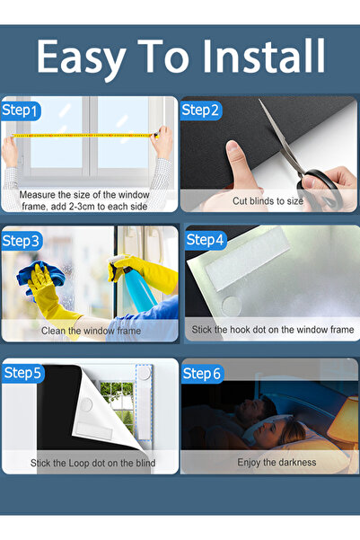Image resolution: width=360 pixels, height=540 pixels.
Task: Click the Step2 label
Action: tap(200, 110)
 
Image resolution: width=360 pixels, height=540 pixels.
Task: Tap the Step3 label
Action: tap(22, 241)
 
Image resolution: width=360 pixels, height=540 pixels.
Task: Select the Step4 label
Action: tap(206, 240)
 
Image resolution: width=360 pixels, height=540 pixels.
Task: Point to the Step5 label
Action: tap(22, 372)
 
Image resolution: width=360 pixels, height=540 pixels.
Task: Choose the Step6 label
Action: tap(201, 372)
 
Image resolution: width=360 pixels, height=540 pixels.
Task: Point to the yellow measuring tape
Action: tap(85, 136)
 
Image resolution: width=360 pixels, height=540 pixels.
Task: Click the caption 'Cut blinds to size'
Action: tap(268, 201)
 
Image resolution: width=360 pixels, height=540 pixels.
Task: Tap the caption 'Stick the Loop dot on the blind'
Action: tap(92, 464)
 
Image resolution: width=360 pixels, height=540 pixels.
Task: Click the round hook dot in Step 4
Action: tap(232, 305)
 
